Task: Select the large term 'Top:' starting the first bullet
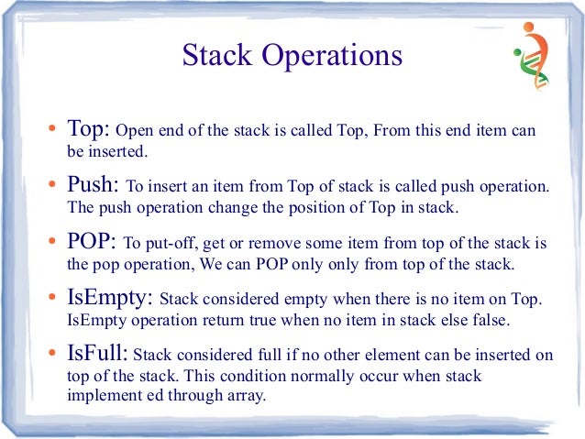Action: tap(89, 129)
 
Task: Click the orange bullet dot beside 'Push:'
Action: tap(54, 188)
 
